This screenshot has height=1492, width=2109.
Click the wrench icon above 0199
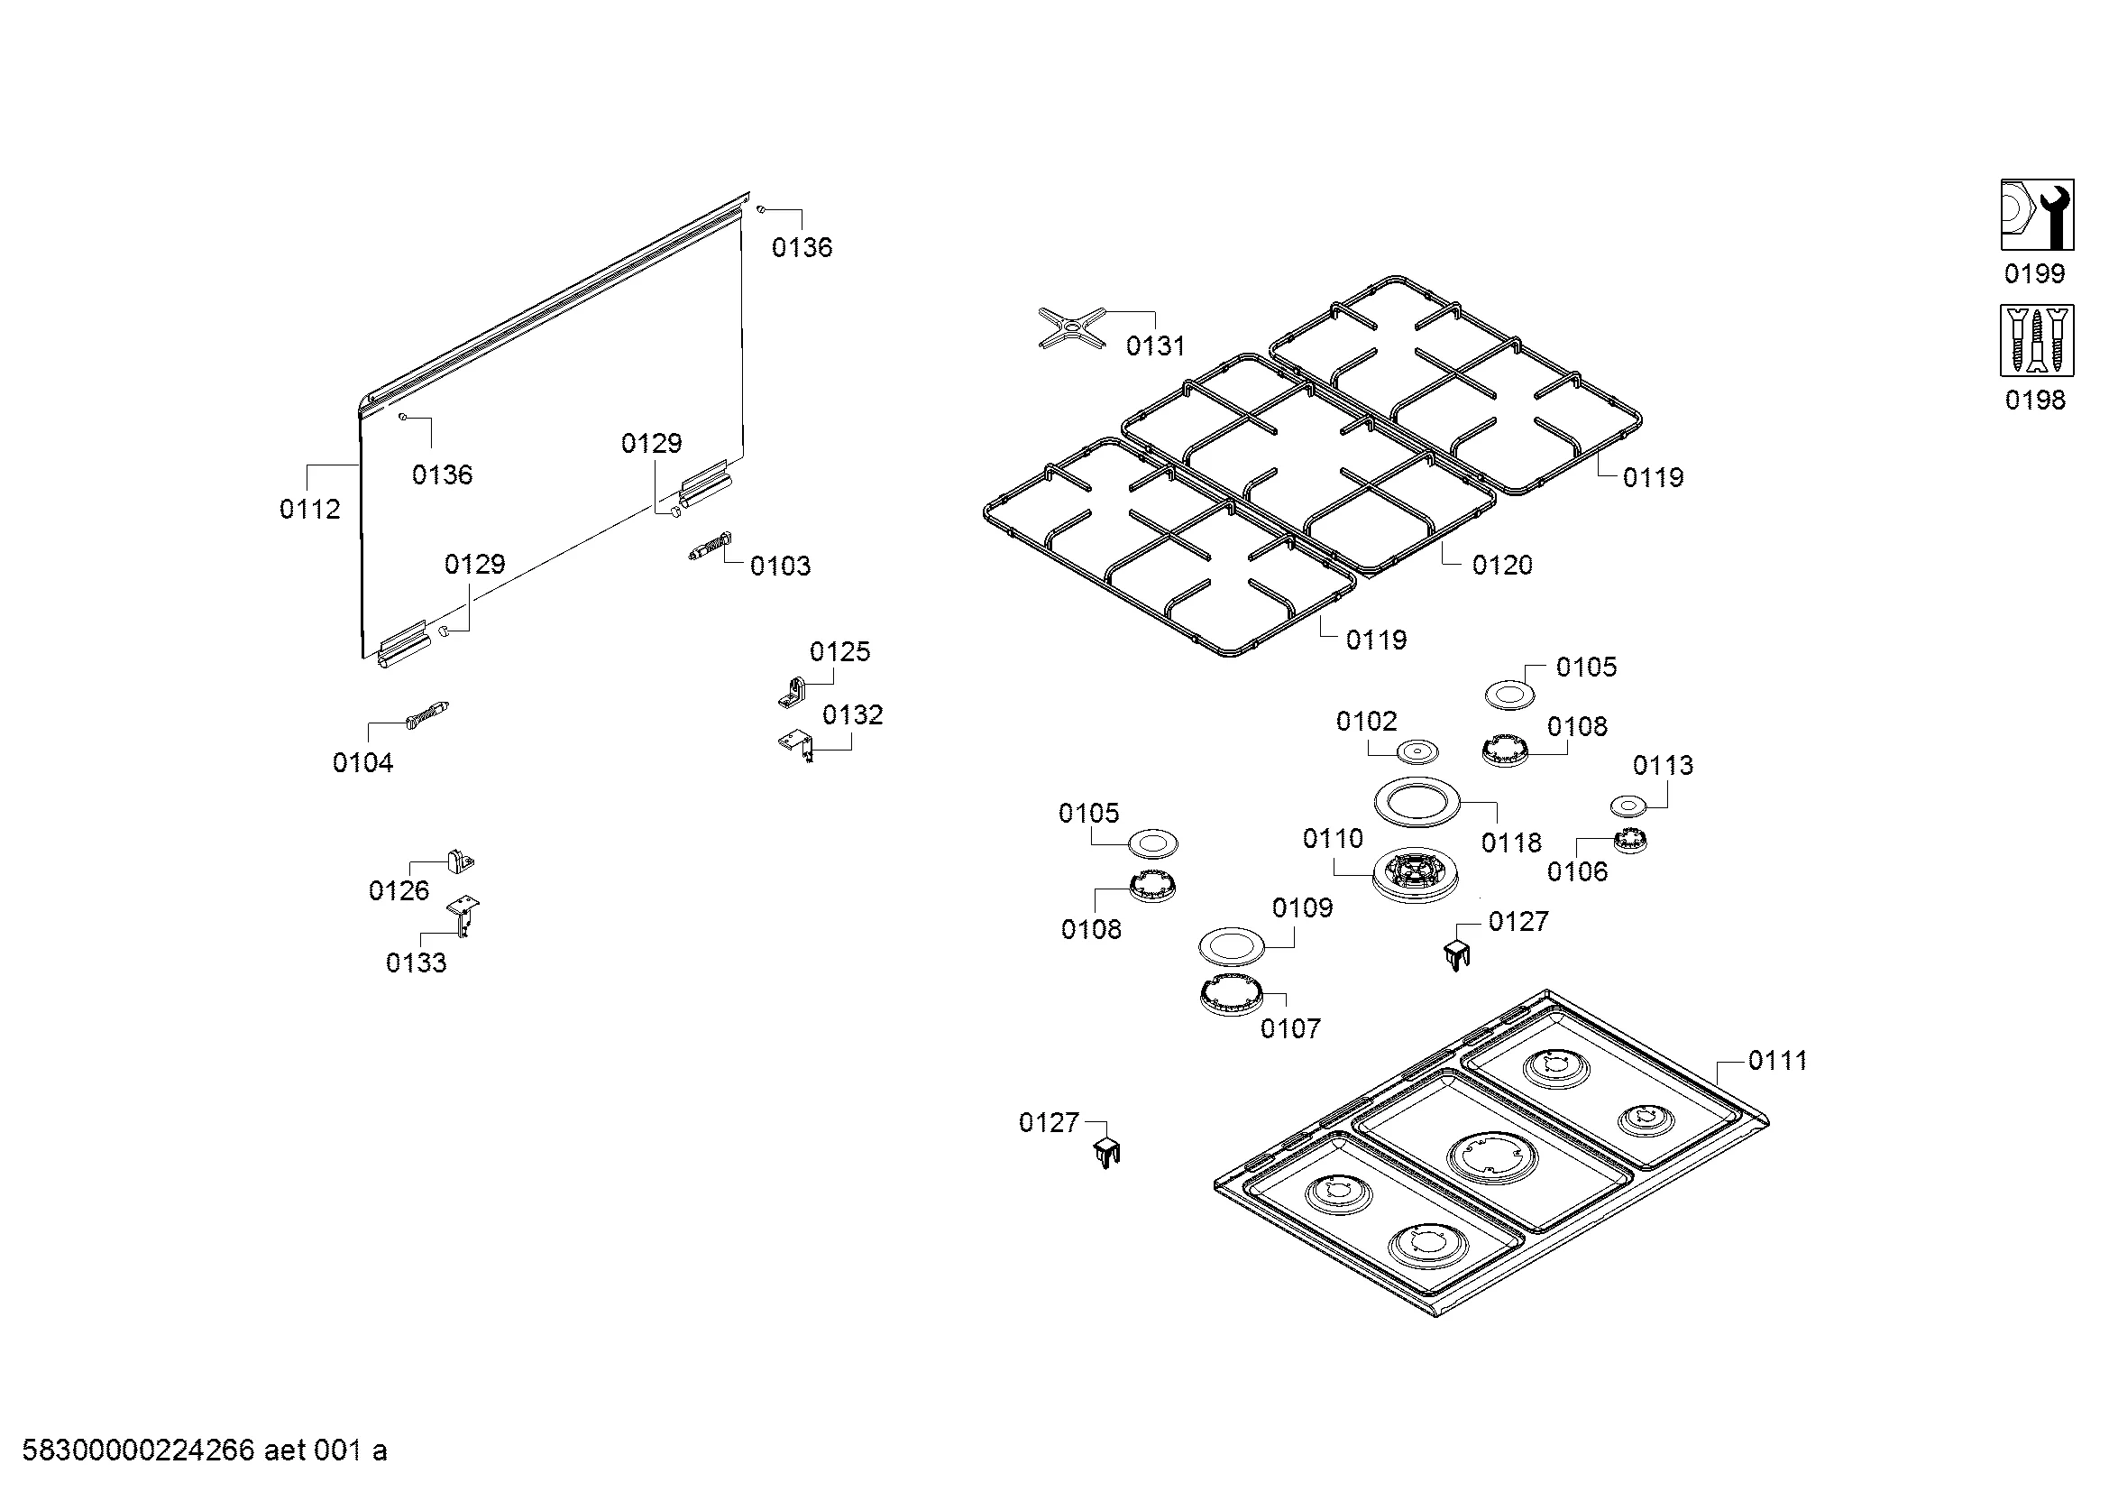2037,215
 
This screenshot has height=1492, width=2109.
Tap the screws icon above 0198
2037,341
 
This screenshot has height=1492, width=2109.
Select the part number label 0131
1155,346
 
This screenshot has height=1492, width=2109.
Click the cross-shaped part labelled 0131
1071,327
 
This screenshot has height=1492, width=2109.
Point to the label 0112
309,509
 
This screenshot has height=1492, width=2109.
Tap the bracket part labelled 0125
791,693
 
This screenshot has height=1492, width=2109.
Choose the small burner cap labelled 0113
1628,806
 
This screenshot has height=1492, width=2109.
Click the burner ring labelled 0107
1231,994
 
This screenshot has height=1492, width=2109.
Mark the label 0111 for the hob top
1776,1061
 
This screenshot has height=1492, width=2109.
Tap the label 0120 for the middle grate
1502,565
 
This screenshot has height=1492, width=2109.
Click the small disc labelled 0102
1417,752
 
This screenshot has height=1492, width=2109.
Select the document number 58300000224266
138,1451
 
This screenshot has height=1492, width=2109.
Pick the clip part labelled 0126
460,861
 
